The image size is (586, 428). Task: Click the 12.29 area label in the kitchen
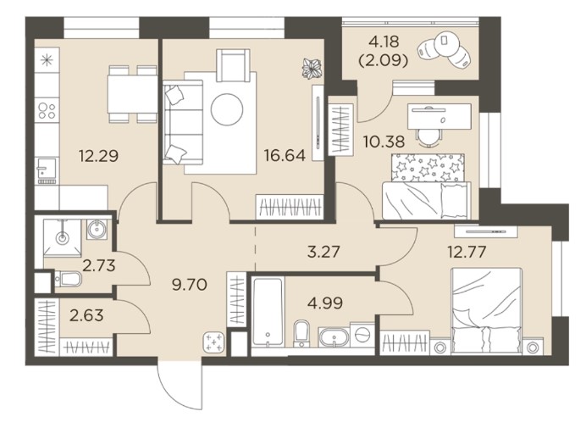pos(99,156)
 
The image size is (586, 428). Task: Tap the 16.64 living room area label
pos(285,155)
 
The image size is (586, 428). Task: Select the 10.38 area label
pos(384,142)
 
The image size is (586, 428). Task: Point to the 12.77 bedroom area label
pos(467,252)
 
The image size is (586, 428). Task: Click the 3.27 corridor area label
pos(323,252)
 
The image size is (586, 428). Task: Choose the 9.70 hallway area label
pos(190,285)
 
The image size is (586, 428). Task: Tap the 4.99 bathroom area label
pos(325,303)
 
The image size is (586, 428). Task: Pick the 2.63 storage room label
pos(86,315)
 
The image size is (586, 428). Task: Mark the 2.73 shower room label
pos(99,265)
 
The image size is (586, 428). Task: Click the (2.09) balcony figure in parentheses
pos(384,60)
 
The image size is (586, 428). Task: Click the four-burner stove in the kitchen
pos(47,110)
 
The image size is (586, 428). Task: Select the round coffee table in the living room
pos(227,109)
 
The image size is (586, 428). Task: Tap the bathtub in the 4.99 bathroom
pos(268,312)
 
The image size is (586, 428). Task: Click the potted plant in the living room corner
pos(312,69)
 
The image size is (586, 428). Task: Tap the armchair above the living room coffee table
pos(233,65)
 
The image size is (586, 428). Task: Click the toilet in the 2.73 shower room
pos(68,279)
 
